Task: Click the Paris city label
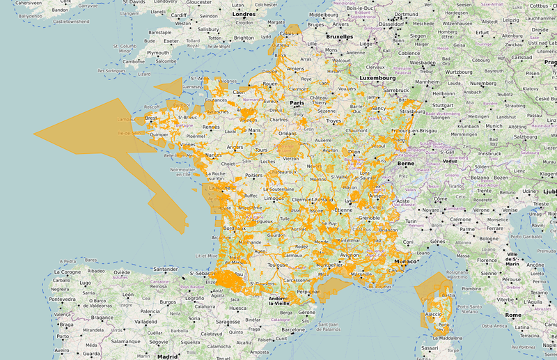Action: pyautogui.click(x=297, y=103)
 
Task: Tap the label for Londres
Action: pyautogui.click(x=244, y=14)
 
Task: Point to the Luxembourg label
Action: pyautogui.click(x=377, y=78)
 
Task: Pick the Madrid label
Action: pyautogui.click(x=167, y=356)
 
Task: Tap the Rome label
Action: pyautogui.click(x=513, y=315)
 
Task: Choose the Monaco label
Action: pyautogui.click(x=405, y=261)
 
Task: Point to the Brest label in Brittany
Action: pyautogui.click(x=151, y=118)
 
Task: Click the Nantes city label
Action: pyautogui.click(x=214, y=155)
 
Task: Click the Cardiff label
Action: pyautogui.click(x=178, y=14)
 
